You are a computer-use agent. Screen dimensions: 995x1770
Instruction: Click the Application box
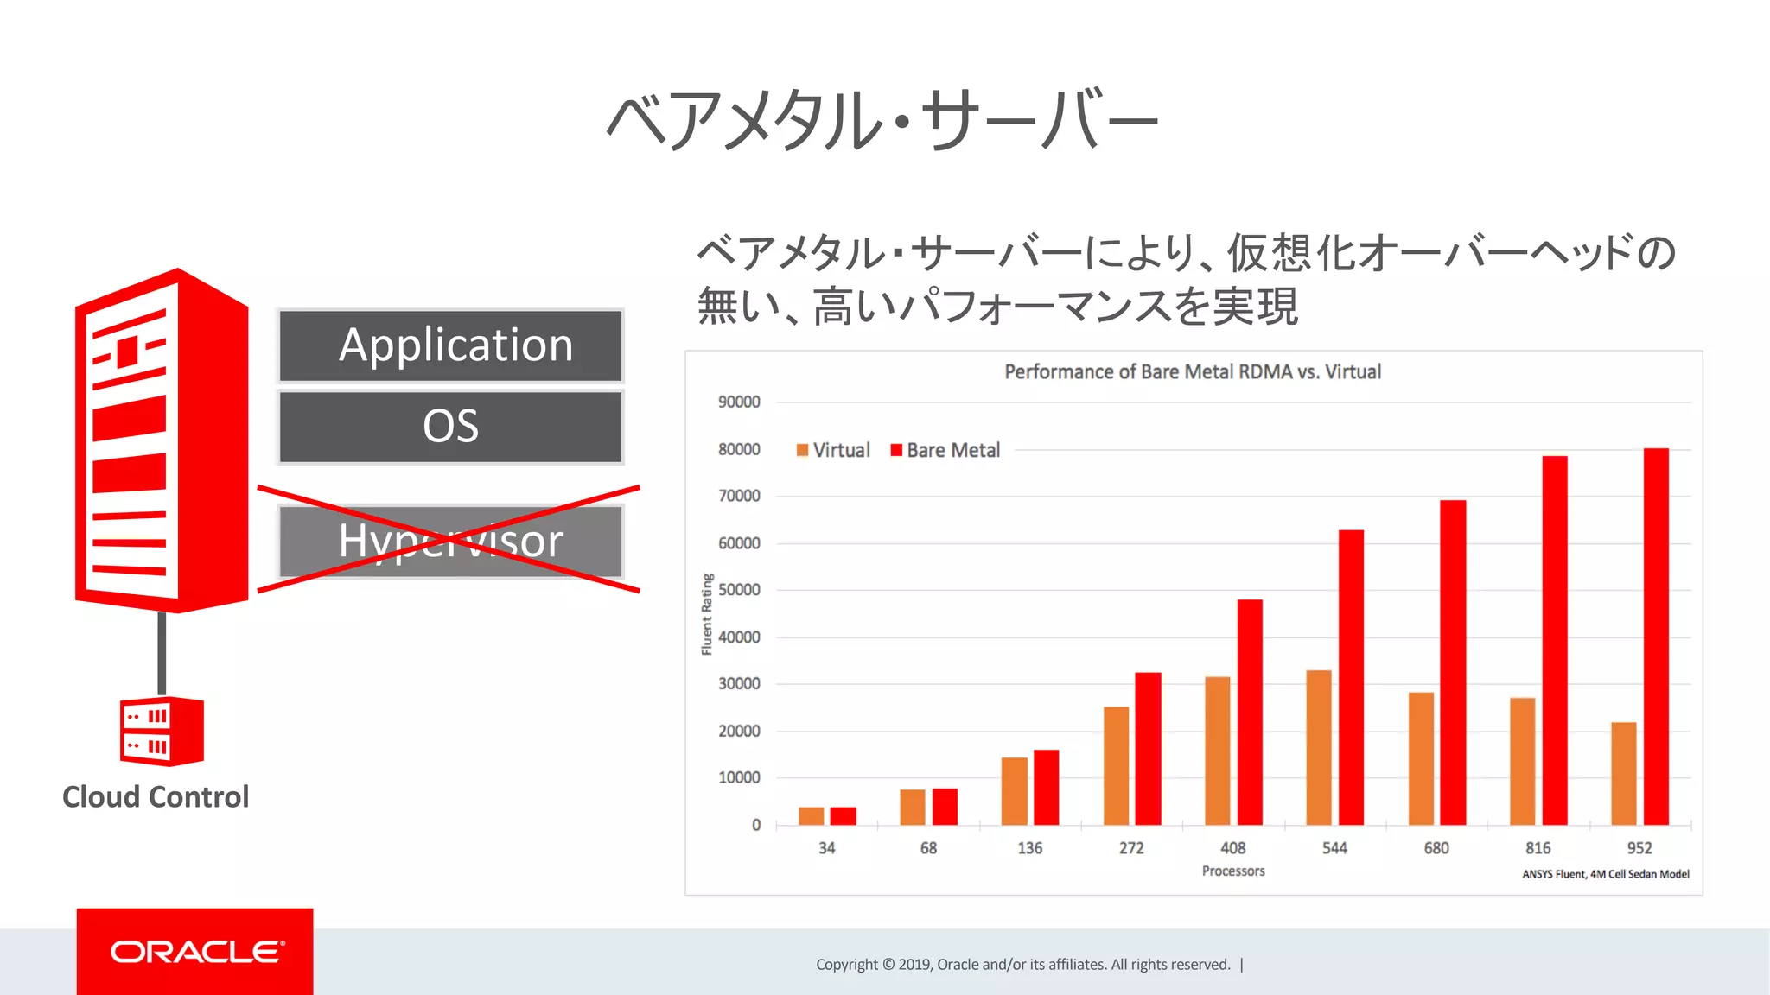[x=450, y=345]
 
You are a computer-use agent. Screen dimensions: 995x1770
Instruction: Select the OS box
[x=450, y=427]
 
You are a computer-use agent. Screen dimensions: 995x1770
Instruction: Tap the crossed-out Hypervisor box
[x=450, y=542]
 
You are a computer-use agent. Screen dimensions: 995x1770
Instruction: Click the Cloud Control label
[x=156, y=796]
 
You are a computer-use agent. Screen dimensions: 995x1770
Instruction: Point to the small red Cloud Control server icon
[x=162, y=731]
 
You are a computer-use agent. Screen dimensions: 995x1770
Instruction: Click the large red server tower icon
[x=162, y=440]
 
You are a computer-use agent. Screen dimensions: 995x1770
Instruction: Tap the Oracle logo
[x=195, y=952]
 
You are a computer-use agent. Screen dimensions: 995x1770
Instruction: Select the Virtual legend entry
[x=833, y=450]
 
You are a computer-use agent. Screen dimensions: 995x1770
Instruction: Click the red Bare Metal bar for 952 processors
[x=1656, y=637]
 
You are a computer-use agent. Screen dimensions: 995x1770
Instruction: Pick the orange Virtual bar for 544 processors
[x=1319, y=747]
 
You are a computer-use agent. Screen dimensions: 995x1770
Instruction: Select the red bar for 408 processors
[x=1250, y=712]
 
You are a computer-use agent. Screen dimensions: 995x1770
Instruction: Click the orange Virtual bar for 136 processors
[x=1015, y=790]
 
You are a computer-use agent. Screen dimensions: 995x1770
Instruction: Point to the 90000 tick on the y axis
[x=739, y=402]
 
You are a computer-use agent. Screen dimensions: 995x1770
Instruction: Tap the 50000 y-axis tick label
[x=739, y=590]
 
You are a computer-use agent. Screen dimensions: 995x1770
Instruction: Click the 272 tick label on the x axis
[x=1131, y=848]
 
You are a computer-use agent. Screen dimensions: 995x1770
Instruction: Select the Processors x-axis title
[x=1233, y=871]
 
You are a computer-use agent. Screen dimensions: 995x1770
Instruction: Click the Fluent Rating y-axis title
[x=707, y=614]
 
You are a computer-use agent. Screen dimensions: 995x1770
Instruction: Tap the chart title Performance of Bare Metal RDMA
[x=1193, y=371]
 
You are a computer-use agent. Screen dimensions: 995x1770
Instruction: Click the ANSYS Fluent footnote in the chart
[x=1605, y=874]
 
